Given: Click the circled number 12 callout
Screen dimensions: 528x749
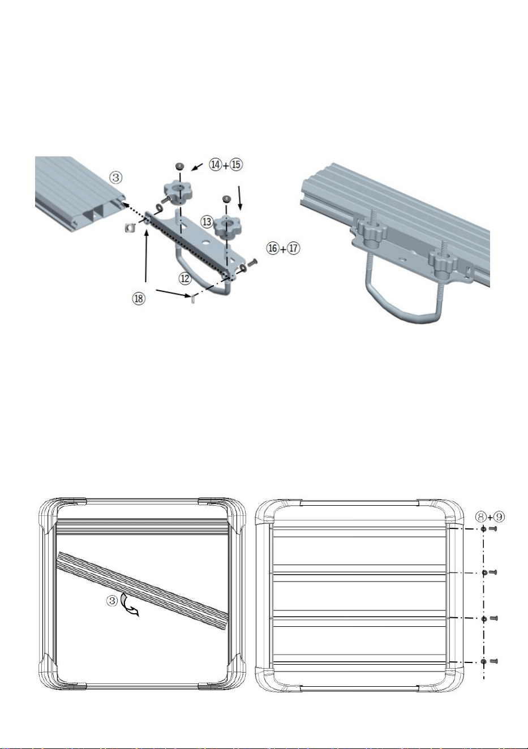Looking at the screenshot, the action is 185,278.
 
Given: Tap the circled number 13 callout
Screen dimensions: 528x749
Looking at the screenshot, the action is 207,222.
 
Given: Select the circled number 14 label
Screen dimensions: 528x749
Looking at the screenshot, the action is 216,165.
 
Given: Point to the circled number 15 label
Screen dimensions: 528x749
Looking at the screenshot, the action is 236,165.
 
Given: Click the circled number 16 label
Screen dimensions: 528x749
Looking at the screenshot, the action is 273,248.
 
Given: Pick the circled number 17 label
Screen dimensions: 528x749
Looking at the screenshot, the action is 294,248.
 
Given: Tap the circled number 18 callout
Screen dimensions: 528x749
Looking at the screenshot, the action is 139,298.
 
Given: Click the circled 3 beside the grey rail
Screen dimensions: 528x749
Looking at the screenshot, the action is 116,177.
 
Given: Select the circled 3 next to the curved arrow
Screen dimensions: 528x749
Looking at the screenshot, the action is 112,601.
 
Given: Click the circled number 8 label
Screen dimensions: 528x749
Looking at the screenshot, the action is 481,517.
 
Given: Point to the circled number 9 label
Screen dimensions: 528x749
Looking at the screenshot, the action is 499,517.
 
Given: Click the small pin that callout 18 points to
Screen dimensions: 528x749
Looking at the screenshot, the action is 193,299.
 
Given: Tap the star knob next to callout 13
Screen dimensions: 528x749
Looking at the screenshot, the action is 227,226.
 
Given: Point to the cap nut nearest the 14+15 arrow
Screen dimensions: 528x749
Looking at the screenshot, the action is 180,166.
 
